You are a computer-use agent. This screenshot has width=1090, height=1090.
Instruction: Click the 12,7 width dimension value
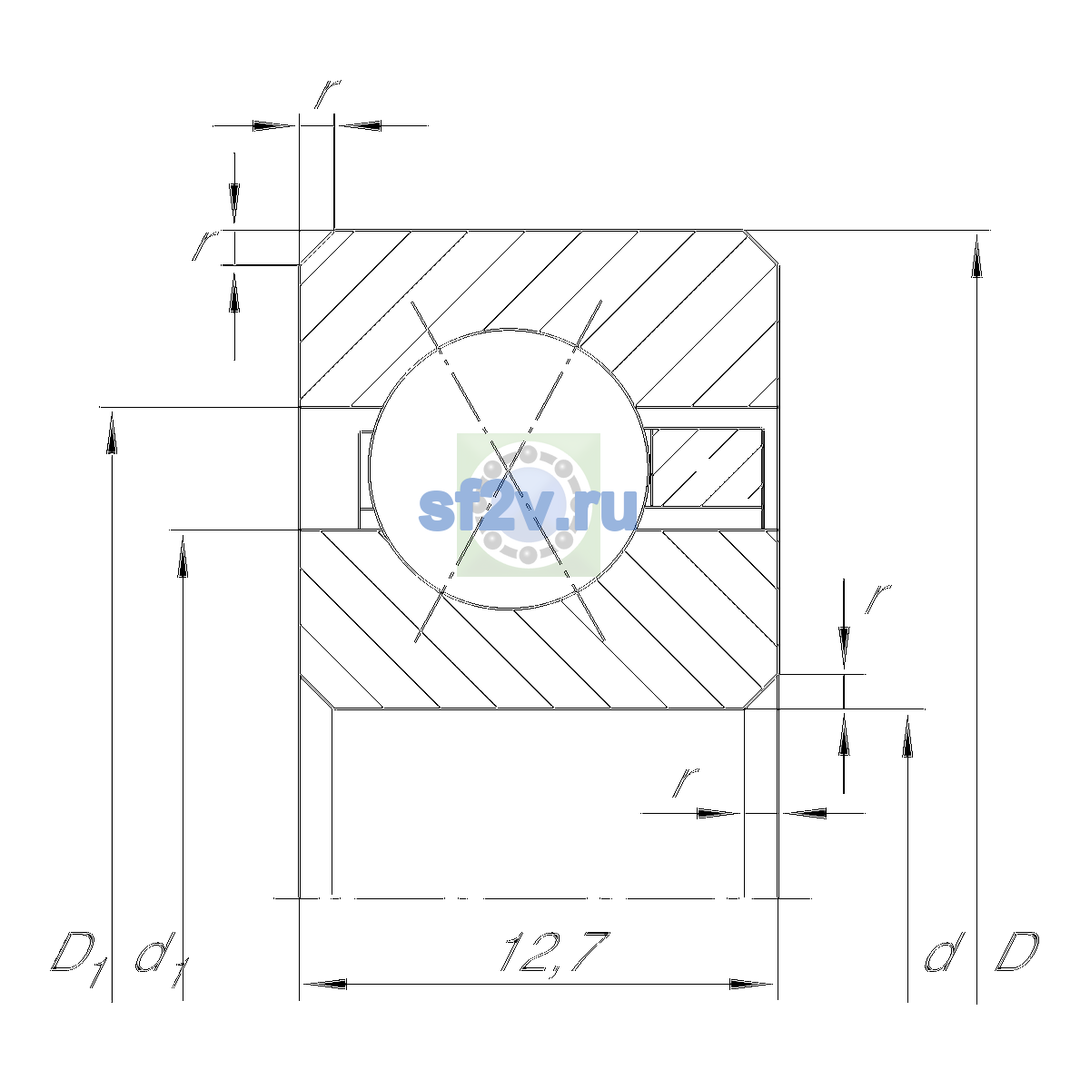[x=555, y=953]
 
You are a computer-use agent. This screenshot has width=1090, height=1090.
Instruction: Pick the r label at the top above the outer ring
[x=328, y=94]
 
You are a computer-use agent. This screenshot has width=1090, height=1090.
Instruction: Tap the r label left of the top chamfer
[x=205, y=244]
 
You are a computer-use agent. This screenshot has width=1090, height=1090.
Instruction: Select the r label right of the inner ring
[x=877, y=599]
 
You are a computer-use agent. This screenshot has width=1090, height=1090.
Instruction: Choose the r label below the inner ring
[x=686, y=783]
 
